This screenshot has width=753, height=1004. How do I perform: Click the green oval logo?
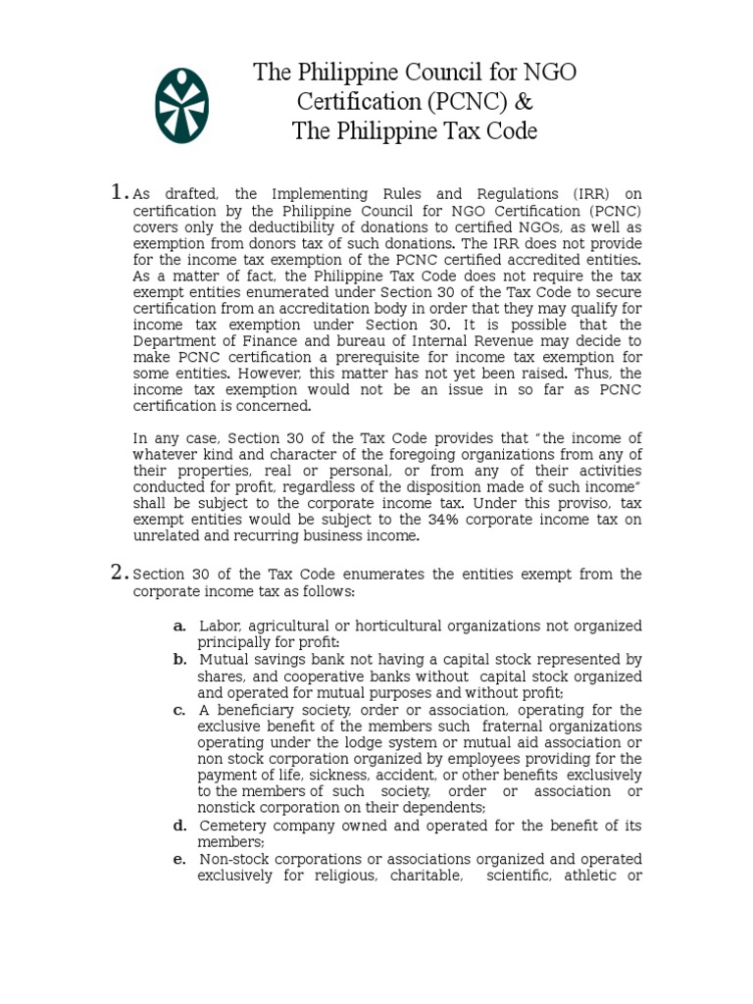[x=181, y=106]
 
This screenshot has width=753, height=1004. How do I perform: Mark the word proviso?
[x=571, y=503]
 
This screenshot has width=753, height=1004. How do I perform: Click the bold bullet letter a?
[x=179, y=626]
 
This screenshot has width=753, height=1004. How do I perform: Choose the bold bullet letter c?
[x=179, y=710]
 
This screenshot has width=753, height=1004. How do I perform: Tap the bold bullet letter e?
[x=179, y=859]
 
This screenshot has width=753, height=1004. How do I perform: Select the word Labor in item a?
[x=220, y=626]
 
